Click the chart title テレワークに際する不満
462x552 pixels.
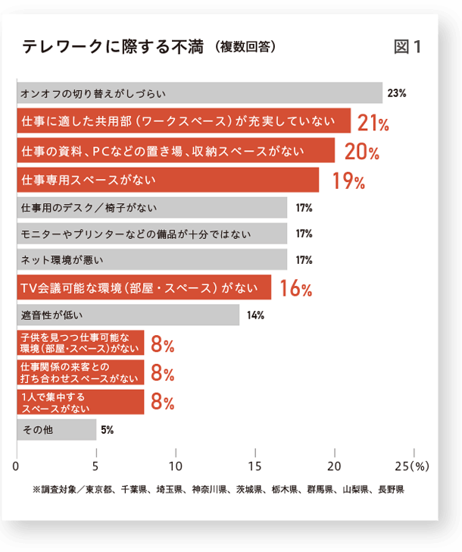click(114, 47)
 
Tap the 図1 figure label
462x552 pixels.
click(407, 47)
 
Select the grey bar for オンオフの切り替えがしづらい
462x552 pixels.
click(199, 93)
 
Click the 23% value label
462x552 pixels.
click(397, 93)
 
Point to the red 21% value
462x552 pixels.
click(373, 123)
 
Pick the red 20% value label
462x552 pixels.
click(361, 152)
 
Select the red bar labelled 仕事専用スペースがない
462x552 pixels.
click(167, 180)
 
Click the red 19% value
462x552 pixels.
click(348, 181)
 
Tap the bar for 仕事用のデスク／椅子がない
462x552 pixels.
click(151, 208)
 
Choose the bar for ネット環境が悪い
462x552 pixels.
click(151, 260)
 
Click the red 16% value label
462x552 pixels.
click(295, 288)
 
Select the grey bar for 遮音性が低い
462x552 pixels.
click(127, 315)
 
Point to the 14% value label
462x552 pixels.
click(255, 315)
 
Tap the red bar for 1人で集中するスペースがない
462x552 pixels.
click(80, 402)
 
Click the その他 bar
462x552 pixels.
click(56, 430)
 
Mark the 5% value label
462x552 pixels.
click(107, 430)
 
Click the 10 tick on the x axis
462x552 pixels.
click(176, 465)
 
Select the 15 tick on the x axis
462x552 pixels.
click(255, 465)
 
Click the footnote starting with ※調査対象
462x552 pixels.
click(218, 489)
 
